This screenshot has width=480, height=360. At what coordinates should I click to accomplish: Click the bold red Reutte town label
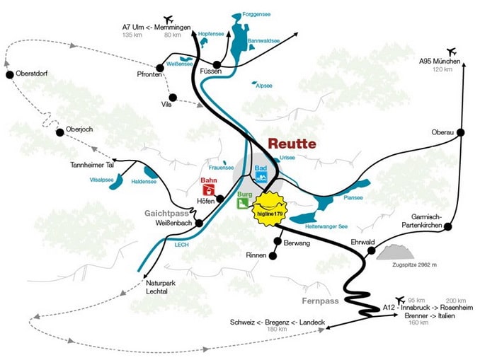click(x=292, y=143)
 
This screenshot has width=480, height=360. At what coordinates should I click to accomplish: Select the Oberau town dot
click(x=460, y=132)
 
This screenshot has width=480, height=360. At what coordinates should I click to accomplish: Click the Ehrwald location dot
click(x=372, y=250)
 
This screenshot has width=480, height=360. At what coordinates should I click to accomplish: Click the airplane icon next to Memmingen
click(x=168, y=18)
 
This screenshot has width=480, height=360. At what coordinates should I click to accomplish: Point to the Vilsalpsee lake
click(x=115, y=182)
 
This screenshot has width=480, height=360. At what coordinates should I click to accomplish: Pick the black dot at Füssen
click(x=217, y=64)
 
